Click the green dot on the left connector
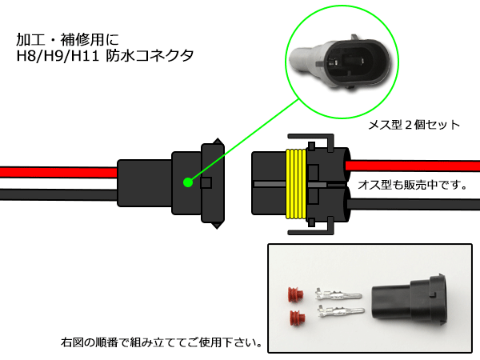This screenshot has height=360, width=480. (x=188, y=182)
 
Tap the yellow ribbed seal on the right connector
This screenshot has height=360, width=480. (x=296, y=184)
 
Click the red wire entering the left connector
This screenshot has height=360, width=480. (x=58, y=172)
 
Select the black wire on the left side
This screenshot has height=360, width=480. (x=58, y=194)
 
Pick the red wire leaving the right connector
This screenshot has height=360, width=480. (x=413, y=166)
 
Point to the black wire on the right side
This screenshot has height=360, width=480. (x=414, y=204)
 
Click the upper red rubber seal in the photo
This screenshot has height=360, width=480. (x=296, y=294)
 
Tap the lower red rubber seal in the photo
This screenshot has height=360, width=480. (x=297, y=318)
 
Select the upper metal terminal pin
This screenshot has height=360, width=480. (x=338, y=295)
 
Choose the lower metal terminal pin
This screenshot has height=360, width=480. (x=341, y=312)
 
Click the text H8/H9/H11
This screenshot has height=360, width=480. (x=58, y=56)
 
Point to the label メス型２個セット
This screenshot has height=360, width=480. (x=414, y=125)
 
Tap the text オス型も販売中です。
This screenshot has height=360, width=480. (x=413, y=185)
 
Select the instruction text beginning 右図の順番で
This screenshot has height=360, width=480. (x=162, y=342)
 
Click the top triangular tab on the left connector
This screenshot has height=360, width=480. (x=218, y=141)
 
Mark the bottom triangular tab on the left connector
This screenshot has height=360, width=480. (x=217, y=226)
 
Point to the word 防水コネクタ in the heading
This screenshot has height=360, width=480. (x=150, y=56)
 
